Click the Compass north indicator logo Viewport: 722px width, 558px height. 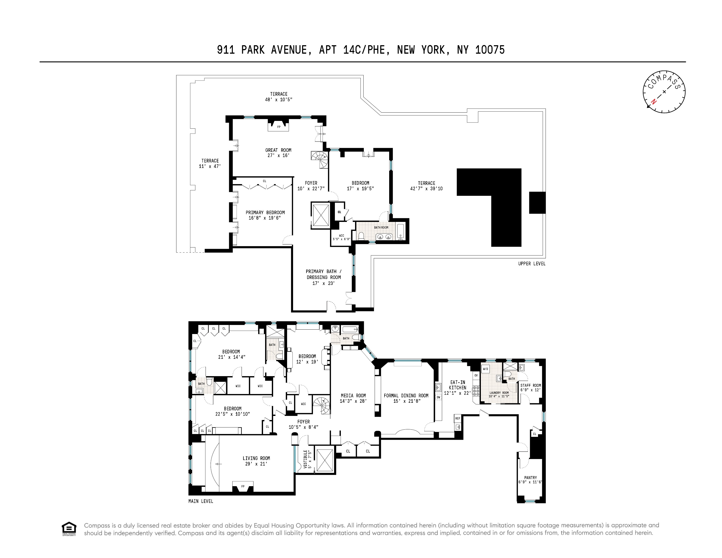pyautogui.click(x=664, y=92)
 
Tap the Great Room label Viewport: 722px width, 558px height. pyautogui.click(x=278, y=152)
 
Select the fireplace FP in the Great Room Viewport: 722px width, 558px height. pyautogui.click(x=278, y=127)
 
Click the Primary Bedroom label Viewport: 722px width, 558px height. pyautogui.click(x=265, y=215)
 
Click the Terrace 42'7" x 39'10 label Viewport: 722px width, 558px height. pyautogui.click(x=426, y=186)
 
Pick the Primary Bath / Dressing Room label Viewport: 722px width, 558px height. pyautogui.click(x=324, y=277)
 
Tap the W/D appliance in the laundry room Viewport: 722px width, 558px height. pyautogui.click(x=485, y=369)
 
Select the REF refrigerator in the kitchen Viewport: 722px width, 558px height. pyautogui.click(x=458, y=419)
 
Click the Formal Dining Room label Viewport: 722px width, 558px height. pyautogui.click(x=406, y=398)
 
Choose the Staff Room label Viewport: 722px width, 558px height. pyautogui.click(x=530, y=388)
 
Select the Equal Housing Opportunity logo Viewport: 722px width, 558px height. pyautogui.click(x=69, y=529)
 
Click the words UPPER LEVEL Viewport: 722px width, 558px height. pyautogui.click(x=532, y=263)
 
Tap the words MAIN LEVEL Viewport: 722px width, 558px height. pyautogui.click(x=201, y=501)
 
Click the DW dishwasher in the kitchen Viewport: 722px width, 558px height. pyautogui.click(x=438, y=397)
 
